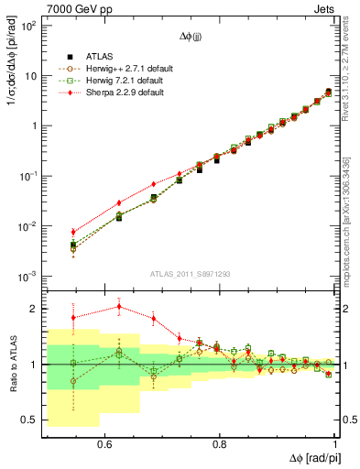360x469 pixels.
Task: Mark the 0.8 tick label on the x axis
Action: [x=218, y=444]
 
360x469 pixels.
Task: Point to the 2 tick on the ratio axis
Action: [x=34, y=309]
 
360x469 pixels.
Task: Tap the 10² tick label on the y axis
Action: [x=28, y=26]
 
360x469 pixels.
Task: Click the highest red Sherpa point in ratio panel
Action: [x=119, y=307]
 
